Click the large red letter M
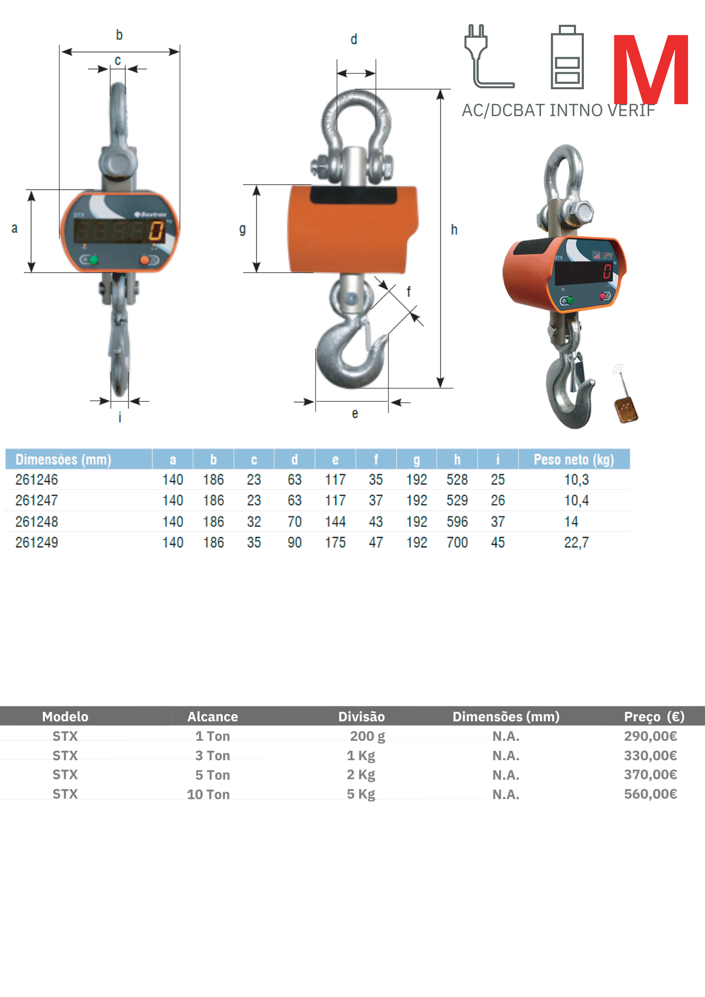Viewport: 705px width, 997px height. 651,69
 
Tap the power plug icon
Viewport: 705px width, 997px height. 489,56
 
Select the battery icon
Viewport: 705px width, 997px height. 567,57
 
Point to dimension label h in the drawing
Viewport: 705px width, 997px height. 454,229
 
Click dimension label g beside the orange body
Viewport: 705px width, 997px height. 242,230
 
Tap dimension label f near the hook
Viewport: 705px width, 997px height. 409,292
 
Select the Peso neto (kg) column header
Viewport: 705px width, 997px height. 573,459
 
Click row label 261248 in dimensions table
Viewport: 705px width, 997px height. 37,521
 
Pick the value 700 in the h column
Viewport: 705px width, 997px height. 457,542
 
